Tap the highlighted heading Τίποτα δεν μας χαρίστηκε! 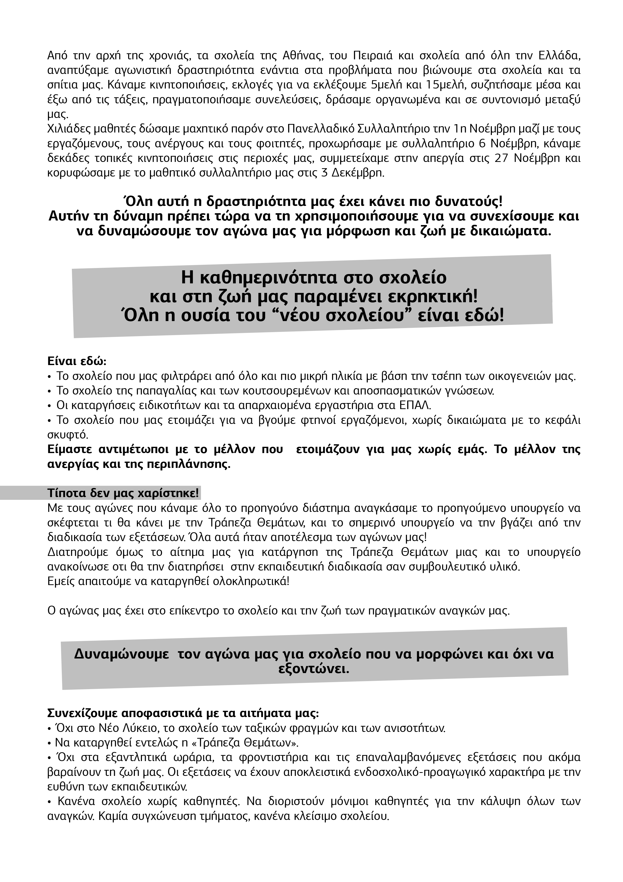coord(123,493)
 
